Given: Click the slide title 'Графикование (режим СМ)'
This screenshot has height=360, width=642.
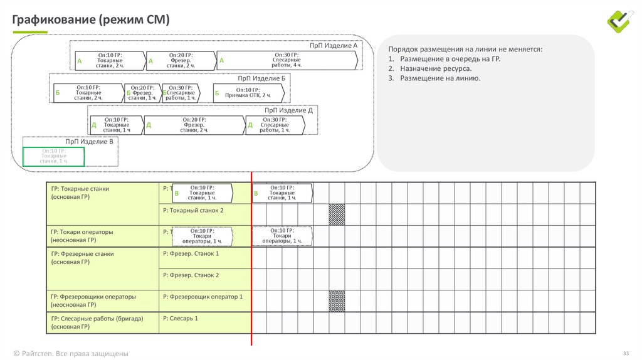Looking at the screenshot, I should click(x=91, y=19).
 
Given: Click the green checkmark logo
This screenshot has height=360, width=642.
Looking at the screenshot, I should click(x=621, y=21).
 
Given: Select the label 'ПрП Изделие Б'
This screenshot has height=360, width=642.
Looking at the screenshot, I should click(x=261, y=78).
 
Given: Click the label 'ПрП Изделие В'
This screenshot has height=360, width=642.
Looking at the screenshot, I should click(x=90, y=142).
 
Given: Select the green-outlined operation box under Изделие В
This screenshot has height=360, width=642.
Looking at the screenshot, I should click(x=54, y=156).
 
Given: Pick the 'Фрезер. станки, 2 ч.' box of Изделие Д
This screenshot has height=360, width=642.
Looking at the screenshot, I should click(x=195, y=125).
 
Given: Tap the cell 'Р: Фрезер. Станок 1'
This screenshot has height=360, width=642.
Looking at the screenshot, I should click(x=191, y=254).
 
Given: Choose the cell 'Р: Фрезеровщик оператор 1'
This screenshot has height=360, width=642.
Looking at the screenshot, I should click(x=202, y=297).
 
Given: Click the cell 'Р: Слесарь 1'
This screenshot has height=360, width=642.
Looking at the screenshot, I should click(x=180, y=319).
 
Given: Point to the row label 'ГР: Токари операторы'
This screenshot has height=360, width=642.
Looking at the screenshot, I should click(x=82, y=232).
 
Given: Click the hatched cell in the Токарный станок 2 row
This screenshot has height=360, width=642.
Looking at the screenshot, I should click(x=337, y=214).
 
